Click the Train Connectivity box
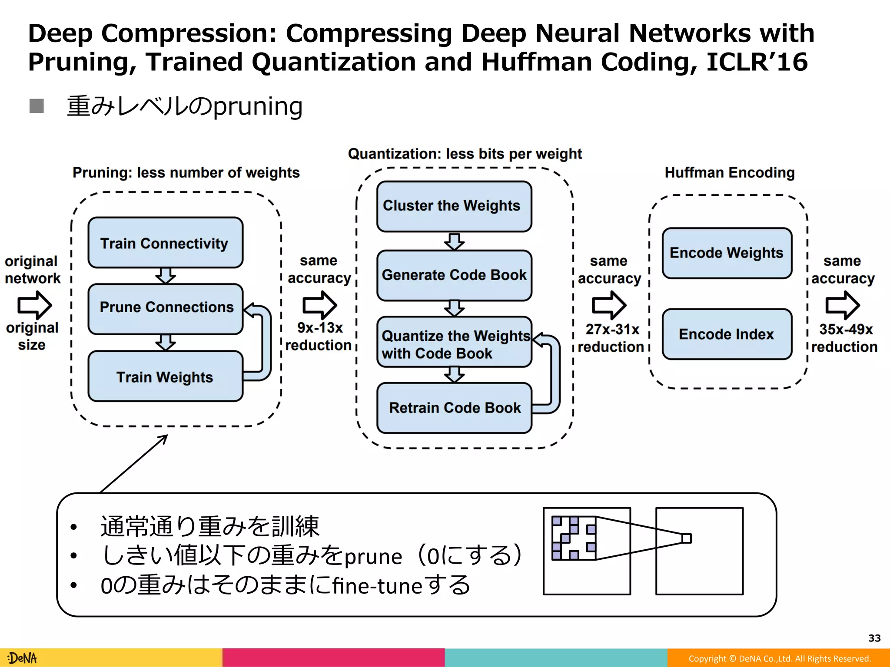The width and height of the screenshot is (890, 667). tap(165, 243)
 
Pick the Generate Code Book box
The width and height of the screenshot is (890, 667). tap(454, 275)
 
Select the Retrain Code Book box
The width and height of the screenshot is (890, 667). tap(454, 408)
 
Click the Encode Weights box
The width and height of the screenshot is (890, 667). tap(727, 253)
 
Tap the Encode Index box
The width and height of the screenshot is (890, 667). tap(727, 334)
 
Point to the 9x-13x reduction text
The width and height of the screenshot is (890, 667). tap(319, 337)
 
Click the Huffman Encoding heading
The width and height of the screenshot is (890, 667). tap(729, 172)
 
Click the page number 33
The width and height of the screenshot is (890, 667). tap(874, 638)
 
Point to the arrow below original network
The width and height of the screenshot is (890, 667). tap(35, 305)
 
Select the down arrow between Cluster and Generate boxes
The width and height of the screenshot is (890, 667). tap(454, 241)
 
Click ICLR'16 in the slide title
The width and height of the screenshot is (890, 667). tap(757, 62)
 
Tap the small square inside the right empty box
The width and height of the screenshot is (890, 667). tap(686, 538)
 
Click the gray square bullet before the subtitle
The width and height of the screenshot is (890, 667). tap(37, 106)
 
